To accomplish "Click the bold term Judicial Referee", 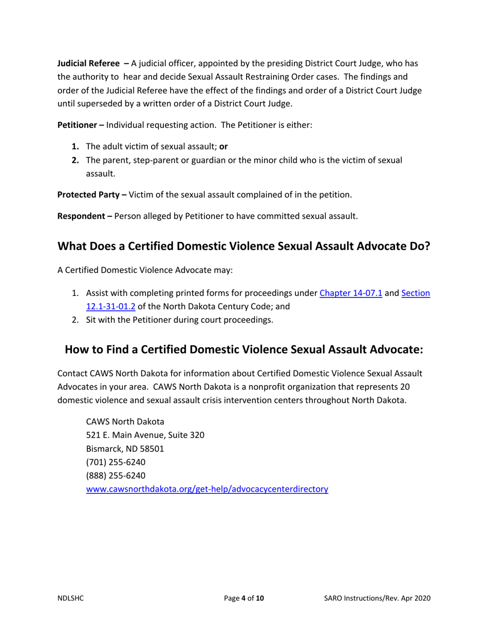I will click(88, 64).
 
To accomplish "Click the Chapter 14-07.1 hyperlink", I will click(350, 293).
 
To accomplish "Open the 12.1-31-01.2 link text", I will click(110, 307).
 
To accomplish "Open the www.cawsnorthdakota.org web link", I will click(207, 490).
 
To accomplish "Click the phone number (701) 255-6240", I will click(111, 462).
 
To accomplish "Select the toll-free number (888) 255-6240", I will click(111, 476).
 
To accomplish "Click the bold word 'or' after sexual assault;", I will click(223, 146).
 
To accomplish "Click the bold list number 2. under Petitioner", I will click(75, 160).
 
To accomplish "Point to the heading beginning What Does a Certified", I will click(243, 246).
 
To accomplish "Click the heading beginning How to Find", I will click(243, 350).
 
